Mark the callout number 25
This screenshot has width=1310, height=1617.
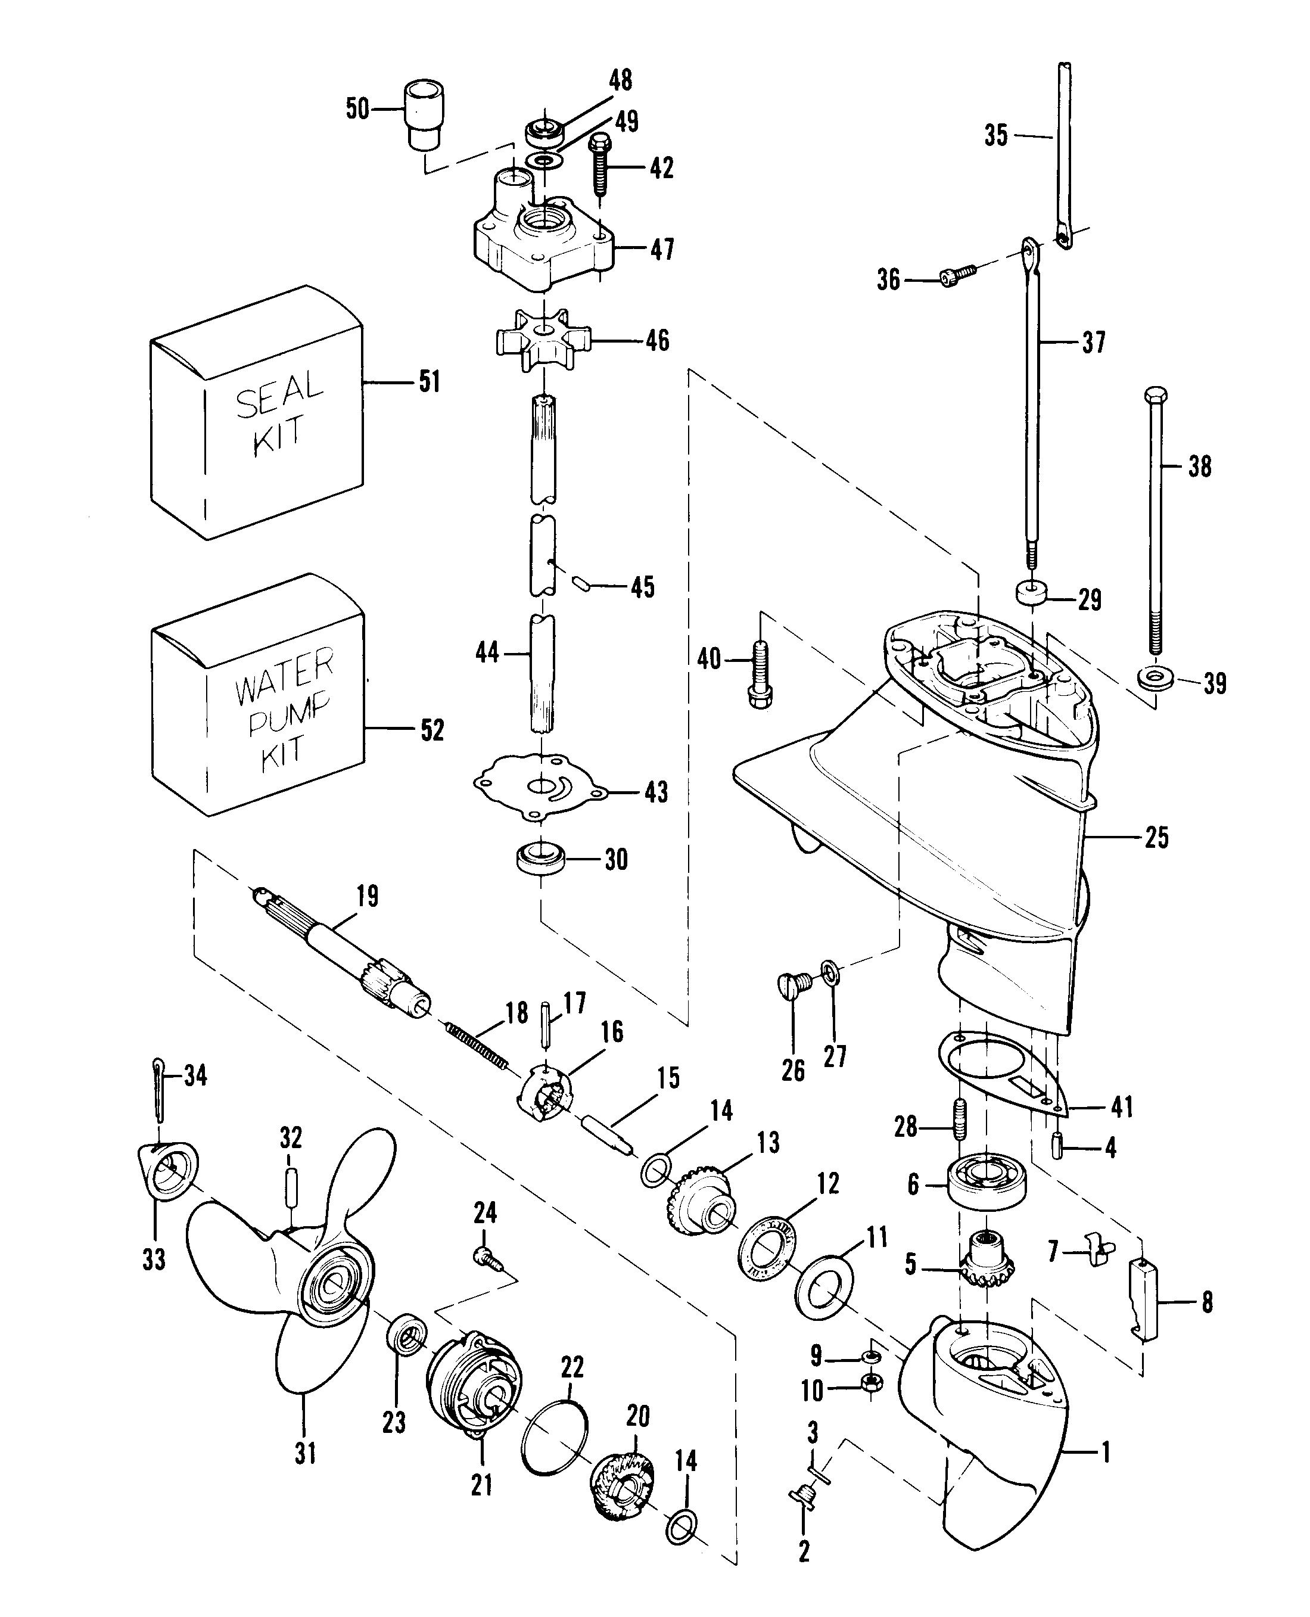(1156, 838)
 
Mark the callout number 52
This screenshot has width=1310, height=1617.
(432, 730)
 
